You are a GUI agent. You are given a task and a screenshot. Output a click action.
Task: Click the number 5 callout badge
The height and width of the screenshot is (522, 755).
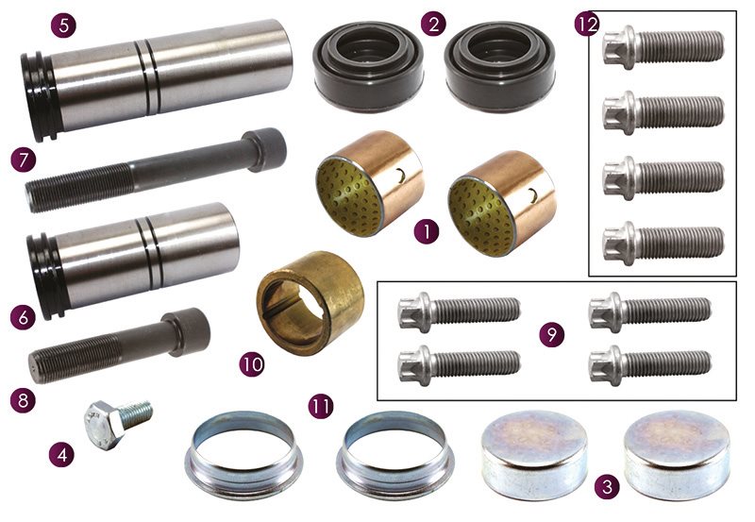[63, 25]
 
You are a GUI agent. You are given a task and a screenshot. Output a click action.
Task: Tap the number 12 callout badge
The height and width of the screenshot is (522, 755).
[587, 24]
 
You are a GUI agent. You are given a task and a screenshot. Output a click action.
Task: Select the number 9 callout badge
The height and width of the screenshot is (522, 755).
[552, 334]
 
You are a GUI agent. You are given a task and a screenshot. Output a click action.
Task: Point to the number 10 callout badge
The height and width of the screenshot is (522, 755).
[252, 364]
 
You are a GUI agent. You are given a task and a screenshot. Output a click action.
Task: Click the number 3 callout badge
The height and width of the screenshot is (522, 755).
[607, 486]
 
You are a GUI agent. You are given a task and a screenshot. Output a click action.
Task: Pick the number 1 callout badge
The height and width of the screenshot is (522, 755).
[427, 231]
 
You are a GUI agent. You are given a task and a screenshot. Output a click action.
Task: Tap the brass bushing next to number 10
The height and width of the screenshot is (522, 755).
[310, 302]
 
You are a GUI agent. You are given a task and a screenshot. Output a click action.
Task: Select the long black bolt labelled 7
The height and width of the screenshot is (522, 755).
[156, 170]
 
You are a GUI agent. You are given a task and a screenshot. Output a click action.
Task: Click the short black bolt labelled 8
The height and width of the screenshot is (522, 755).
[119, 345]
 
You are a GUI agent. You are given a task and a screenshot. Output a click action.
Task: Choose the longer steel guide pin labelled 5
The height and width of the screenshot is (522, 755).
[157, 81]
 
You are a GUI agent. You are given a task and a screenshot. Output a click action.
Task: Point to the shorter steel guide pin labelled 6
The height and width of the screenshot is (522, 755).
[133, 261]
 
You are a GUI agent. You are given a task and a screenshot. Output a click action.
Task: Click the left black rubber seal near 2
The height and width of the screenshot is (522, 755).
[368, 66]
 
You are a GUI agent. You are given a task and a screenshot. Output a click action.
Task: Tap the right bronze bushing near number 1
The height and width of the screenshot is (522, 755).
[502, 204]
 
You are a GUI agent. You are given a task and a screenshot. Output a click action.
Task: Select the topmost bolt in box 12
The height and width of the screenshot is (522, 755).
[663, 47]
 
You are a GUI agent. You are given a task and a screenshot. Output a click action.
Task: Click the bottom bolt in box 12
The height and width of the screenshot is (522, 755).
[663, 243]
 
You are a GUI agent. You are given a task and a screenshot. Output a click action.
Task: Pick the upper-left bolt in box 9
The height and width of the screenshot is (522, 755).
[460, 312]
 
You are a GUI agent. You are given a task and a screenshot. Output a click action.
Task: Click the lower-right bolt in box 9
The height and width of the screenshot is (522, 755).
[650, 365]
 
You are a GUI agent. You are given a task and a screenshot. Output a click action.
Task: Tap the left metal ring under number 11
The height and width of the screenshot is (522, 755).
[244, 448]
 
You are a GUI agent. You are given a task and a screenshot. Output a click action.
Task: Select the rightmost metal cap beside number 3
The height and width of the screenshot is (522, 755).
[677, 455]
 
